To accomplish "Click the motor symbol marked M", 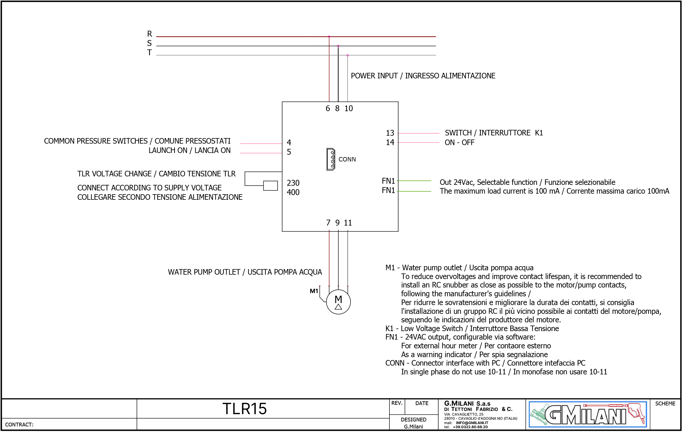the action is click(338, 302).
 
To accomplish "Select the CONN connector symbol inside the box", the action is click(331, 159).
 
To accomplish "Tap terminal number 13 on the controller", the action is click(390, 133).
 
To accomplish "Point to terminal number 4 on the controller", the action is click(289, 143).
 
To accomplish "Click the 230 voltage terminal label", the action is click(293, 183).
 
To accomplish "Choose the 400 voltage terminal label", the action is click(293, 192).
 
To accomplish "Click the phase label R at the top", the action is click(149, 34).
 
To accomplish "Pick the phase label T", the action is click(149, 53).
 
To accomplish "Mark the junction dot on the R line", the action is click(329, 37).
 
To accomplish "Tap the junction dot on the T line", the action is click(347, 55).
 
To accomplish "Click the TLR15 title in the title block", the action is click(244, 409).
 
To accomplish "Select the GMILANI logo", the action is click(588, 414).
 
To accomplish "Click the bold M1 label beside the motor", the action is click(314, 291).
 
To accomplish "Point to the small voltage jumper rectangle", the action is click(270, 186).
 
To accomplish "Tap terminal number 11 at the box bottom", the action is click(348, 223).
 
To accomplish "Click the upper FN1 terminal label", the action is click(388, 181).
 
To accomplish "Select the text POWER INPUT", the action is click(374, 76).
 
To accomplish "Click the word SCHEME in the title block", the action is click(665, 404).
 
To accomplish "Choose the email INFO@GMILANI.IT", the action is click(472, 423).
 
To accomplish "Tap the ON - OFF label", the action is click(460, 143).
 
